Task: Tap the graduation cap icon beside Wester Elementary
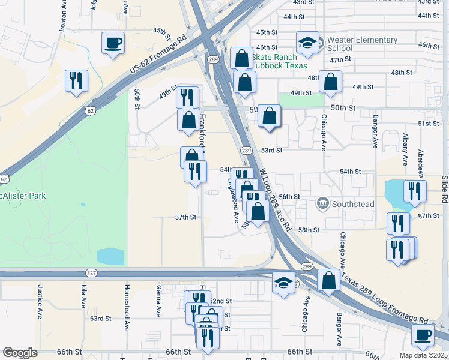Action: pos(307,43)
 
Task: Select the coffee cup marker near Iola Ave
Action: pos(113,43)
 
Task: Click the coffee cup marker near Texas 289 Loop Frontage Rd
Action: pos(421,335)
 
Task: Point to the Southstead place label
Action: pos(354,204)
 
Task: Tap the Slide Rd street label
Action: pos(445,188)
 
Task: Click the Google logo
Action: pos(19,353)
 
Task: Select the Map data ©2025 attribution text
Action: pos(423,355)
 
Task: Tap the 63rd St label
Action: pos(101,319)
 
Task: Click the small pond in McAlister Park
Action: pos(110,257)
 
